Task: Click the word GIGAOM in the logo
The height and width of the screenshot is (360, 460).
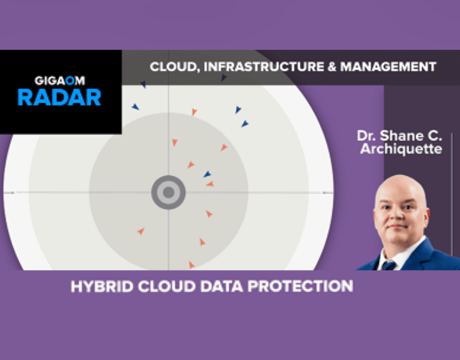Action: tap(59, 79)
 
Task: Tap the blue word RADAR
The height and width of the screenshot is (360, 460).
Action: tap(59, 97)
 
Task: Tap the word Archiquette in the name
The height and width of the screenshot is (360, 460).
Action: tap(401, 149)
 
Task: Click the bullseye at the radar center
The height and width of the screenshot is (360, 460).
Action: tap(168, 192)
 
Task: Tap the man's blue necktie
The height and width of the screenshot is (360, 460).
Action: tap(390, 265)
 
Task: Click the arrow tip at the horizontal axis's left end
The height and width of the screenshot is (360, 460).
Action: tap(7, 192)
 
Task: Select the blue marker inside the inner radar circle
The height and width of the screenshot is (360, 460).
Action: tap(207, 175)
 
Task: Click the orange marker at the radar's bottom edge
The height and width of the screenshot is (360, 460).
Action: tap(192, 265)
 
